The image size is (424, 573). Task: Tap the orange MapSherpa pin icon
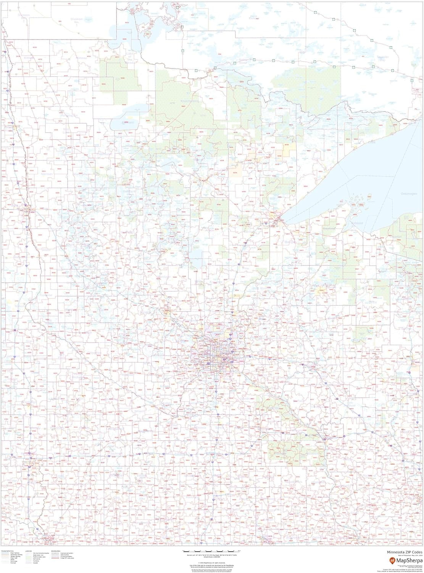tap(392, 560)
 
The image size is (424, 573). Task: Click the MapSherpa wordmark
tap(409, 560)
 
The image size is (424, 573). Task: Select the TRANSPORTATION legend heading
tap(7, 551)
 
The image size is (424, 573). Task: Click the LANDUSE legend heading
tap(28, 551)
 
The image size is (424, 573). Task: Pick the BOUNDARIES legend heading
tap(55, 551)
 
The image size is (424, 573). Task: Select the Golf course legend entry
tap(36, 559)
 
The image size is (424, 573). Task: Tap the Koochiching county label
tap(190, 101)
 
